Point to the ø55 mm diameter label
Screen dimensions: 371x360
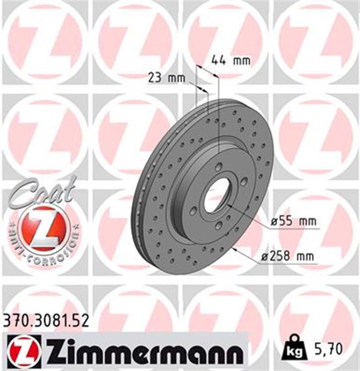click(293, 221)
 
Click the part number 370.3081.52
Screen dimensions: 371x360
click(45, 321)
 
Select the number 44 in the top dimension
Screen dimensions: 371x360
click(217, 59)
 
